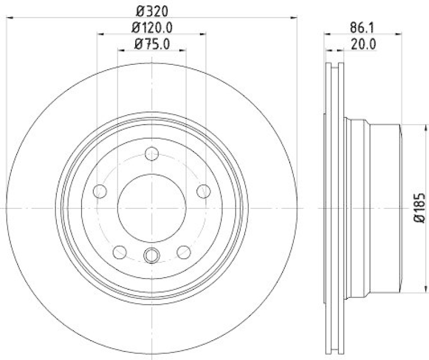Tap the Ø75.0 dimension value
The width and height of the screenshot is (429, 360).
click(x=152, y=44)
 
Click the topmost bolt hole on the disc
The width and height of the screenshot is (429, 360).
click(x=152, y=155)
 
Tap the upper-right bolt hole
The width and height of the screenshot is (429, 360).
click(x=203, y=191)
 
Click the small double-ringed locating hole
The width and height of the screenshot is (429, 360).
click(x=152, y=255)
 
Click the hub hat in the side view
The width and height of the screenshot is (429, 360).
click(x=375, y=208)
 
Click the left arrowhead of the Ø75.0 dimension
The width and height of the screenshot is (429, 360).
click(x=120, y=50)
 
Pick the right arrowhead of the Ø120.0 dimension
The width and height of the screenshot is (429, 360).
click(x=203, y=33)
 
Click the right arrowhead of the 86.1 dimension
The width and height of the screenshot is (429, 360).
click(x=399, y=33)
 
